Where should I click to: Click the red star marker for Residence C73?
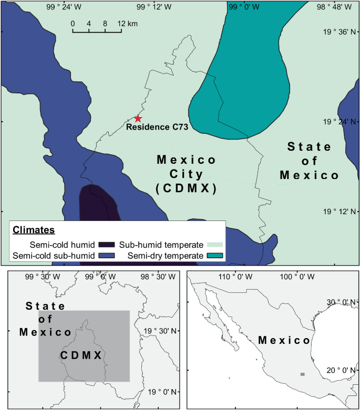tap(138, 119)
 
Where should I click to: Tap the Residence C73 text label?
tap(157, 127)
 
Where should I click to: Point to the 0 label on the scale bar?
tap(73, 24)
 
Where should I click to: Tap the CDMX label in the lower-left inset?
tap(80, 355)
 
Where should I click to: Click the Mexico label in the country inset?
tap(284, 341)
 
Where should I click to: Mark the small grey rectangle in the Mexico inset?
tap(302, 374)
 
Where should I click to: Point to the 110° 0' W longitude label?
tap(239, 276)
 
